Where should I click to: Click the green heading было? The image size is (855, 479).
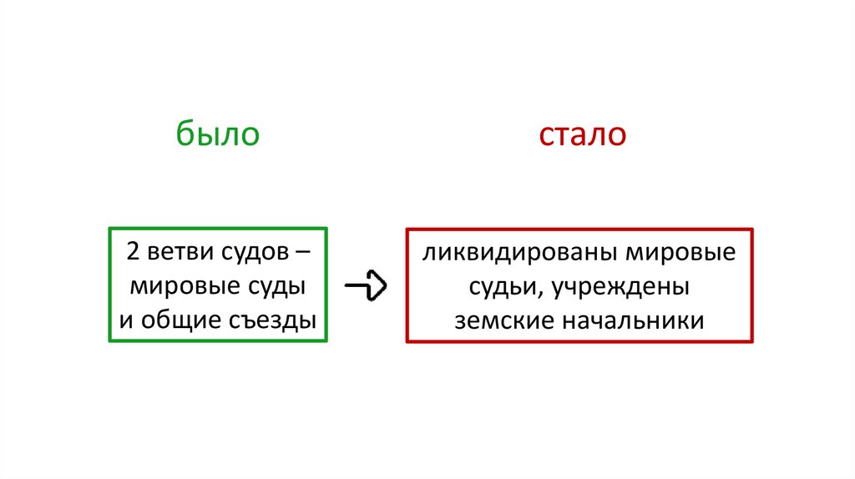coord(218,134)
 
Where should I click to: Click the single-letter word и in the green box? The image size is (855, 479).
coord(125,320)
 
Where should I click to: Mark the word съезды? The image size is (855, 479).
coord(273,320)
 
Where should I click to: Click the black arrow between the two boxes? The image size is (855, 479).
coord(366,286)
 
